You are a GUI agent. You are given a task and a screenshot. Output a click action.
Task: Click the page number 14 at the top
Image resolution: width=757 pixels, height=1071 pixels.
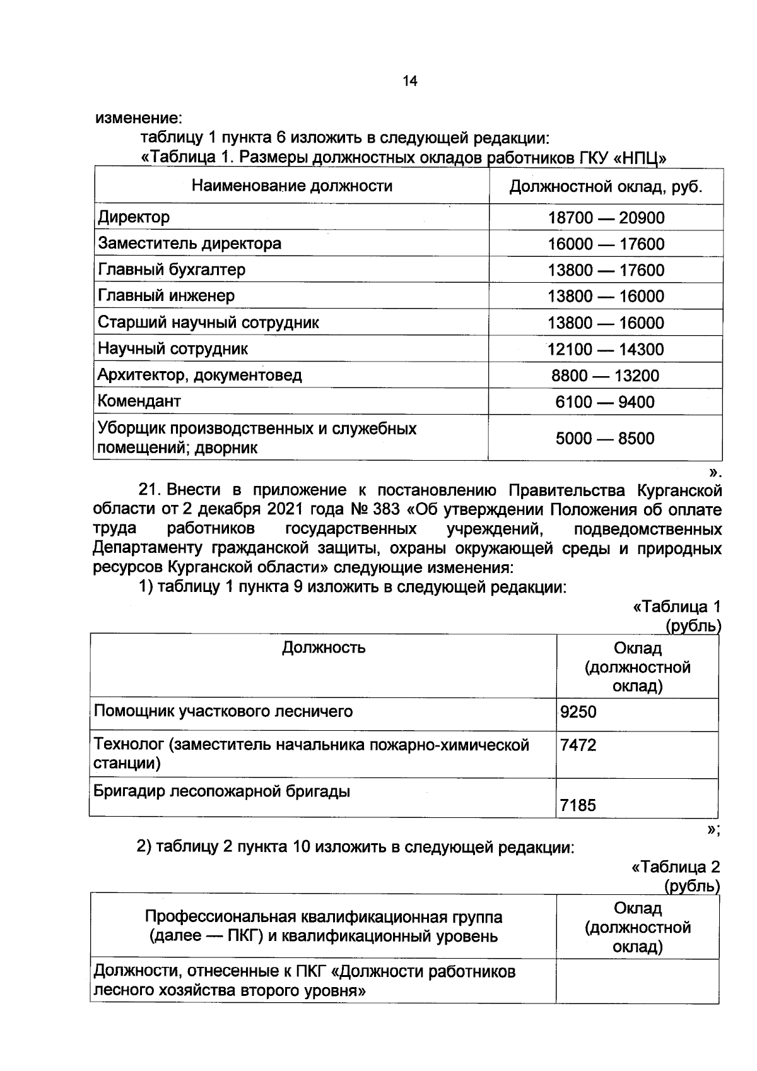(409, 81)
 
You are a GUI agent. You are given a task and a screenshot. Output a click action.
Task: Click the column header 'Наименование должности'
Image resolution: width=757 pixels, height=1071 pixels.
(291, 186)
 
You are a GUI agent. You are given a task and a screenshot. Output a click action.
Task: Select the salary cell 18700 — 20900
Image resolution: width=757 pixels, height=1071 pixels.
(606, 218)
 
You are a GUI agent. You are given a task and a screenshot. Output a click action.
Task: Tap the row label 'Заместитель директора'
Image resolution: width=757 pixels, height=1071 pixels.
(189, 244)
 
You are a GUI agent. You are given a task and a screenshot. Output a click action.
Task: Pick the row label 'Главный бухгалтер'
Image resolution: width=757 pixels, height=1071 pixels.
(172, 270)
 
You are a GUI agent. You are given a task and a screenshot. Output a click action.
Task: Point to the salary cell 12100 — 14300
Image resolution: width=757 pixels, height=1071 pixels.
(606, 350)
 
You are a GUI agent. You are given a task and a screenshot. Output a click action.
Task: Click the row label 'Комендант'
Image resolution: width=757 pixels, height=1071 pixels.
(139, 401)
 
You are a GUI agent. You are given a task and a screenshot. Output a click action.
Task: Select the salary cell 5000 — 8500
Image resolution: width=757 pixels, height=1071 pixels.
(605, 439)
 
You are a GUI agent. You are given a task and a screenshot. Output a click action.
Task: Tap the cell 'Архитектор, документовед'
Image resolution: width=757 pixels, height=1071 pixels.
(199, 376)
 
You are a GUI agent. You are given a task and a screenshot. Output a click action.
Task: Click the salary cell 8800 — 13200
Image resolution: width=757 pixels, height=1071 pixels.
(605, 376)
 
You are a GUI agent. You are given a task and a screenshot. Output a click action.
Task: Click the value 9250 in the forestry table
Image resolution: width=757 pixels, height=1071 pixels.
(578, 713)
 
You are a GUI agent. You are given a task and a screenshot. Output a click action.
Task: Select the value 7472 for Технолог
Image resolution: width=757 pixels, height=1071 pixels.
(578, 746)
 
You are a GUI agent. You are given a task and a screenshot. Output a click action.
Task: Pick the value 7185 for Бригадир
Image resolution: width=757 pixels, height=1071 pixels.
(578, 805)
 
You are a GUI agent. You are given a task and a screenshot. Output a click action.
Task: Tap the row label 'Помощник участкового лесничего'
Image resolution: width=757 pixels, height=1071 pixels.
(223, 712)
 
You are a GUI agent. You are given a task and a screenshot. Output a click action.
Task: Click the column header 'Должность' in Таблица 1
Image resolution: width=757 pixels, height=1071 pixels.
(323, 648)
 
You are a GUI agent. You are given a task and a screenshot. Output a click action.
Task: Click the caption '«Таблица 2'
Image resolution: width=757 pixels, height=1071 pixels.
(676, 867)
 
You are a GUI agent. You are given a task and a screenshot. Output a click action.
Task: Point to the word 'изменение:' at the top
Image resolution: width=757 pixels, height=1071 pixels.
(139, 118)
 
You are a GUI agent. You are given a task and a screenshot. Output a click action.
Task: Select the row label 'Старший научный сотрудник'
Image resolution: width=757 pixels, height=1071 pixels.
(208, 323)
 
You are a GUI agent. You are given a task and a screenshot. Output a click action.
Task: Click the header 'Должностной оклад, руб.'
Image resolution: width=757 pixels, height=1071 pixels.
(606, 187)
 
